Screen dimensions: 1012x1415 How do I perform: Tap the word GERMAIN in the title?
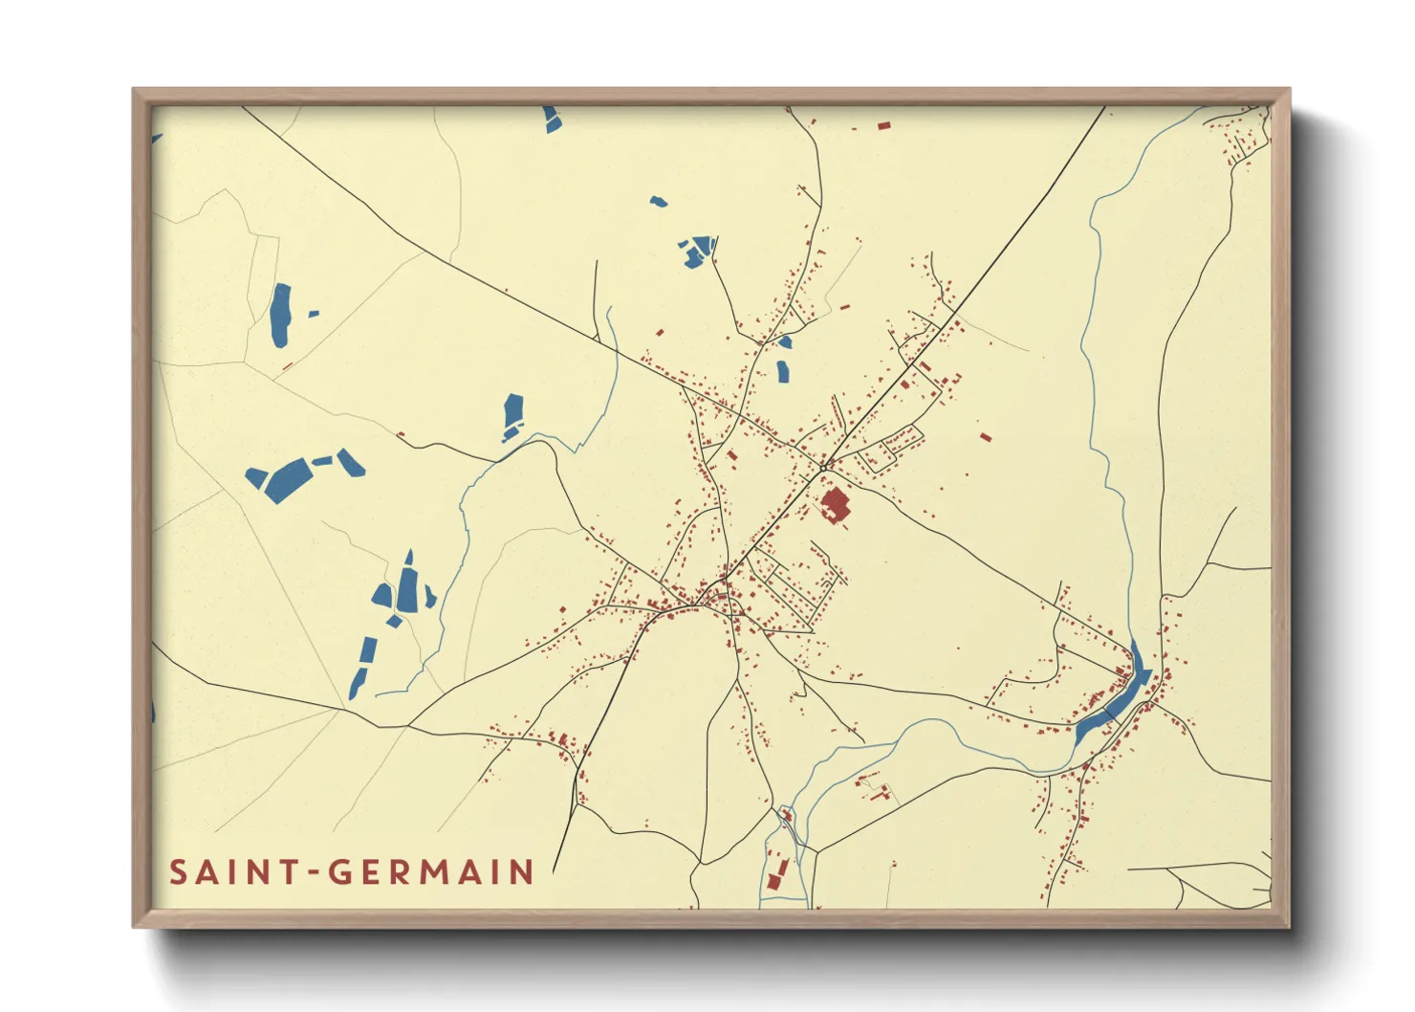click(x=431, y=872)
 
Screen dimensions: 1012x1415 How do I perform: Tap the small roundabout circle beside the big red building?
click(x=822, y=467)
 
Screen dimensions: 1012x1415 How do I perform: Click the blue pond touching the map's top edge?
click(x=552, y=119)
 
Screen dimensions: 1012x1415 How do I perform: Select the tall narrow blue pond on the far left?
click(x=279, y=316)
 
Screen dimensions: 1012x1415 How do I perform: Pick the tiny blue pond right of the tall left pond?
click(x=313, y=313)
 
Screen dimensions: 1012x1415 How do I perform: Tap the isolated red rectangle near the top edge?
click(x=883, y=125)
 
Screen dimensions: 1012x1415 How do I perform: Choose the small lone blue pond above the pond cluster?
click(x=658, y=202)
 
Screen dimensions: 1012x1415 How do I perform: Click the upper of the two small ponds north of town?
click(x=785, y=341)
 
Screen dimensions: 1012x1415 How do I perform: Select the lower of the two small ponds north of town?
click(x=782, y=371)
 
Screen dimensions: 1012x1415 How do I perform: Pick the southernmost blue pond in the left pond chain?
click(x=357, y=683)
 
